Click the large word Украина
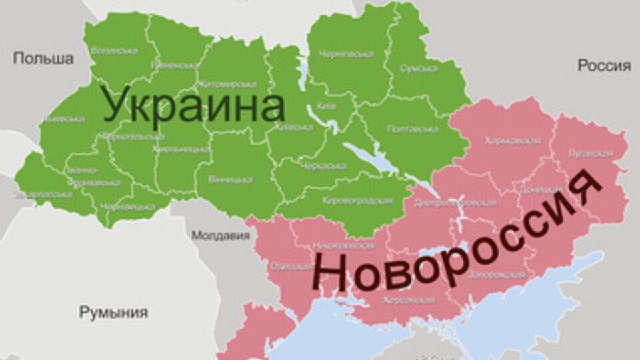193,107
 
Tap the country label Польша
43,59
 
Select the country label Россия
604,65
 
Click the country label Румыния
113,312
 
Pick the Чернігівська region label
346,54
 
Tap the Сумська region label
419,68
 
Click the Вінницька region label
230,179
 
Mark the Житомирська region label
227,85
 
